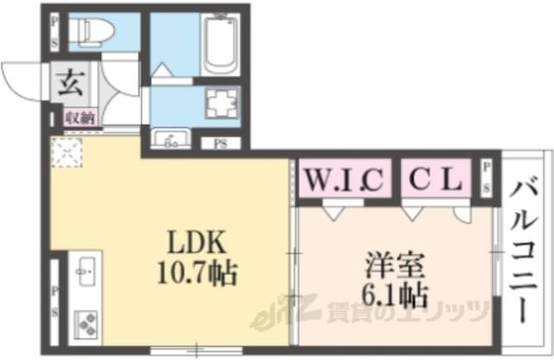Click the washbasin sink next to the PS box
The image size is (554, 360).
tap(172, 138)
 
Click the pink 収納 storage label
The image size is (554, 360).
tap(80, 116)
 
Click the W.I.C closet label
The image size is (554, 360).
tap(344, 182)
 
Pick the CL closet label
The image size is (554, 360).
tap(435, 182)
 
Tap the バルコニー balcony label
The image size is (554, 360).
tap(526, 251)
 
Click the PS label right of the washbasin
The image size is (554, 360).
tap(209, 145)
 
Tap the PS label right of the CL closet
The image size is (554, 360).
tap(486, 177)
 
